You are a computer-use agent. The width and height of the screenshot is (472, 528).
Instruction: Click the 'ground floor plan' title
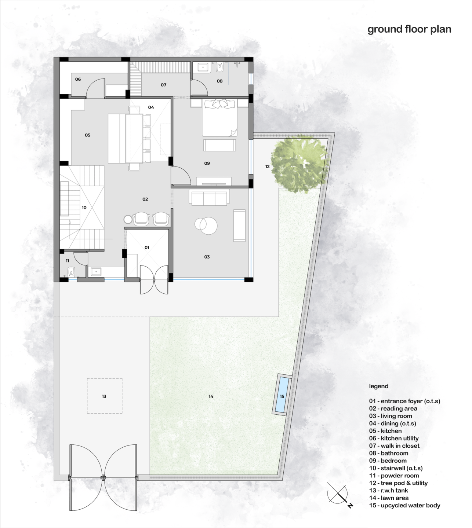[409, 29]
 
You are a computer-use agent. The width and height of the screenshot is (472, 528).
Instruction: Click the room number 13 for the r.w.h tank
[104, 396]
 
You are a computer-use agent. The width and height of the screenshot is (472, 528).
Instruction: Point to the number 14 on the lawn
[211, 396]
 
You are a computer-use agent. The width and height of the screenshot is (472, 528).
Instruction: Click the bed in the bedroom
[220, 118]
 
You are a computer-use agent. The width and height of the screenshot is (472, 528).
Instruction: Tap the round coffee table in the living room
[206, 226]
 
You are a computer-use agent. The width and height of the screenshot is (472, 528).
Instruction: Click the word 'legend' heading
[379, 386]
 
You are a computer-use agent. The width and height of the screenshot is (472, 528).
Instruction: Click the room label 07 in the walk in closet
[163, 85]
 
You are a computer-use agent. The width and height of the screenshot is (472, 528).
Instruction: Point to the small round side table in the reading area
[128, 219]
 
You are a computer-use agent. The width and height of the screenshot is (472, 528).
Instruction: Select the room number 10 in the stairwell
[84, 208]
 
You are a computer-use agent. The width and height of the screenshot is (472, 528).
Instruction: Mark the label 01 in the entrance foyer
[147, 247]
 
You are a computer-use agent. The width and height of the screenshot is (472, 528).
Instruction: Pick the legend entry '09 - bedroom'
[388, 461]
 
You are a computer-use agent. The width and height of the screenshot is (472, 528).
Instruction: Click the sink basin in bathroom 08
[203, 67]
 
